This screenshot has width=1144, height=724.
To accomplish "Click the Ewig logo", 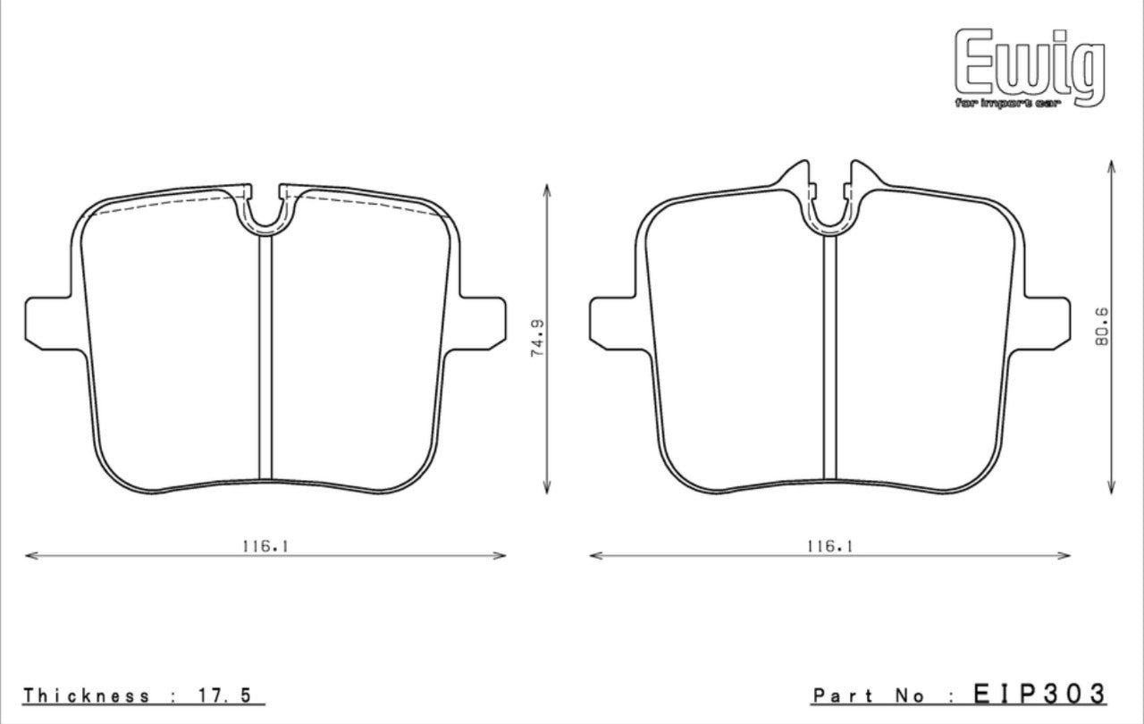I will pyautogui.click(x=1030, y=64).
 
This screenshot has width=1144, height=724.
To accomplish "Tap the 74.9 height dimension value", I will pyautogui.click(x=537, y=338).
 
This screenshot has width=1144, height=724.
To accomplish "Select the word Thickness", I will pyautogui.click(x=87, y=695).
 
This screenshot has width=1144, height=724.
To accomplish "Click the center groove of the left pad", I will pyautogui.click(x=265, y=358).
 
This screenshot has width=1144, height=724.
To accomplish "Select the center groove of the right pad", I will pyautogui.click(x=829, y=358).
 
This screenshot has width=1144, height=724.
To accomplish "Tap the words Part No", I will pyautogui.click(x=871, y=695).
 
